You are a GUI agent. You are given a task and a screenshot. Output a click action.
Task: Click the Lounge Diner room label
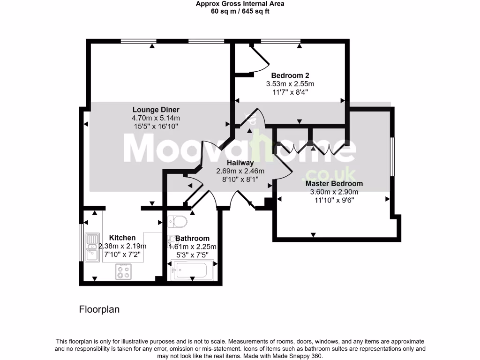click(x=156, y=110)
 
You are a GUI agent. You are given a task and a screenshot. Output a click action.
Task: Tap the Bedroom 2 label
click(x=290, y=75)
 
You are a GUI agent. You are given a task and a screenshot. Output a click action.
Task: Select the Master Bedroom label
click(x=334, y=183)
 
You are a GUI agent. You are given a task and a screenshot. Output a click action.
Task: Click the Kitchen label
click(x=122, y=238)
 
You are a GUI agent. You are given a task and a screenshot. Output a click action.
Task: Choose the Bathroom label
click(x=192, y=238)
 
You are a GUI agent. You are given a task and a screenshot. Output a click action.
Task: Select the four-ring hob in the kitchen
click(x=124, y=271)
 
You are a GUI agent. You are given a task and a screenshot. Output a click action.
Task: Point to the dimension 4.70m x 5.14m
click(x=156, y=118)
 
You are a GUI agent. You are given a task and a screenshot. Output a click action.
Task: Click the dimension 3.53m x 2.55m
click(x=290, y=84)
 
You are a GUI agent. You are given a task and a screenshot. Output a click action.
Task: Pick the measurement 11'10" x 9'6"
click(x=334, y=200)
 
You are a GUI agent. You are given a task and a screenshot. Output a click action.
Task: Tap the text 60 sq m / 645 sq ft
click(x=240, y=11)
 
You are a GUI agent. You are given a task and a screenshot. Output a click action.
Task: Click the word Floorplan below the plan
click(x=99, y=309)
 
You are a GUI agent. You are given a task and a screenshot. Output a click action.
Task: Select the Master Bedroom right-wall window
click(x=392, y=157)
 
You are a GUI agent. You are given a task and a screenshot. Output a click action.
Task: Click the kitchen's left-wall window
click(x=81, y=242)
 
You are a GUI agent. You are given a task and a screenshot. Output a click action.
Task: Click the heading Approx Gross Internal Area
click(x=240, y=4)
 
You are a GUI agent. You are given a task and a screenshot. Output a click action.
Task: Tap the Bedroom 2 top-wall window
click(x=280, y=42)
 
